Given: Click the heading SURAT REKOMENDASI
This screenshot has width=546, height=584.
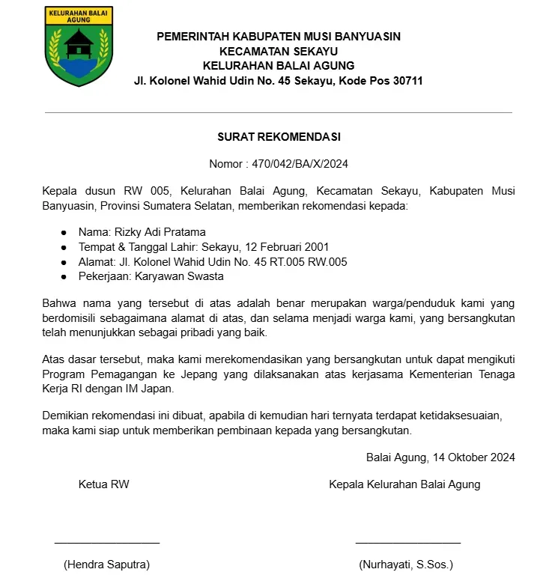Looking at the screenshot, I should (x=279, y=137).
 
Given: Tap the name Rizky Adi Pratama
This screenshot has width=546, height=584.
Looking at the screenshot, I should (x=159, y=231).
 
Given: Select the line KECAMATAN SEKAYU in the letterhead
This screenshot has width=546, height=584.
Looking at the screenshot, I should (x=279, y=51).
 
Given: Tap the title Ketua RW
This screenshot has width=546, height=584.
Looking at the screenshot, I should (x=104, y=484).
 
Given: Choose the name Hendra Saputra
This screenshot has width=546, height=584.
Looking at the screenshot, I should (x=106, y=564).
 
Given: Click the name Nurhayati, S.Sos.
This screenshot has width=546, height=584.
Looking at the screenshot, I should (x=406, y=564).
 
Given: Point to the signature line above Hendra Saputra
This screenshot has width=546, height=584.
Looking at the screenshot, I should (x=107, y=541).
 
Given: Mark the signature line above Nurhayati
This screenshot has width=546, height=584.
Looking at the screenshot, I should (x=407, y=541).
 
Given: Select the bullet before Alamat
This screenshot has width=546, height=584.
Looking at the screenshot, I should (x=64, y=262).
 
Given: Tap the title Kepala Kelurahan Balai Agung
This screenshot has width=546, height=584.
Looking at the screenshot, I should (x=404, y=484).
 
